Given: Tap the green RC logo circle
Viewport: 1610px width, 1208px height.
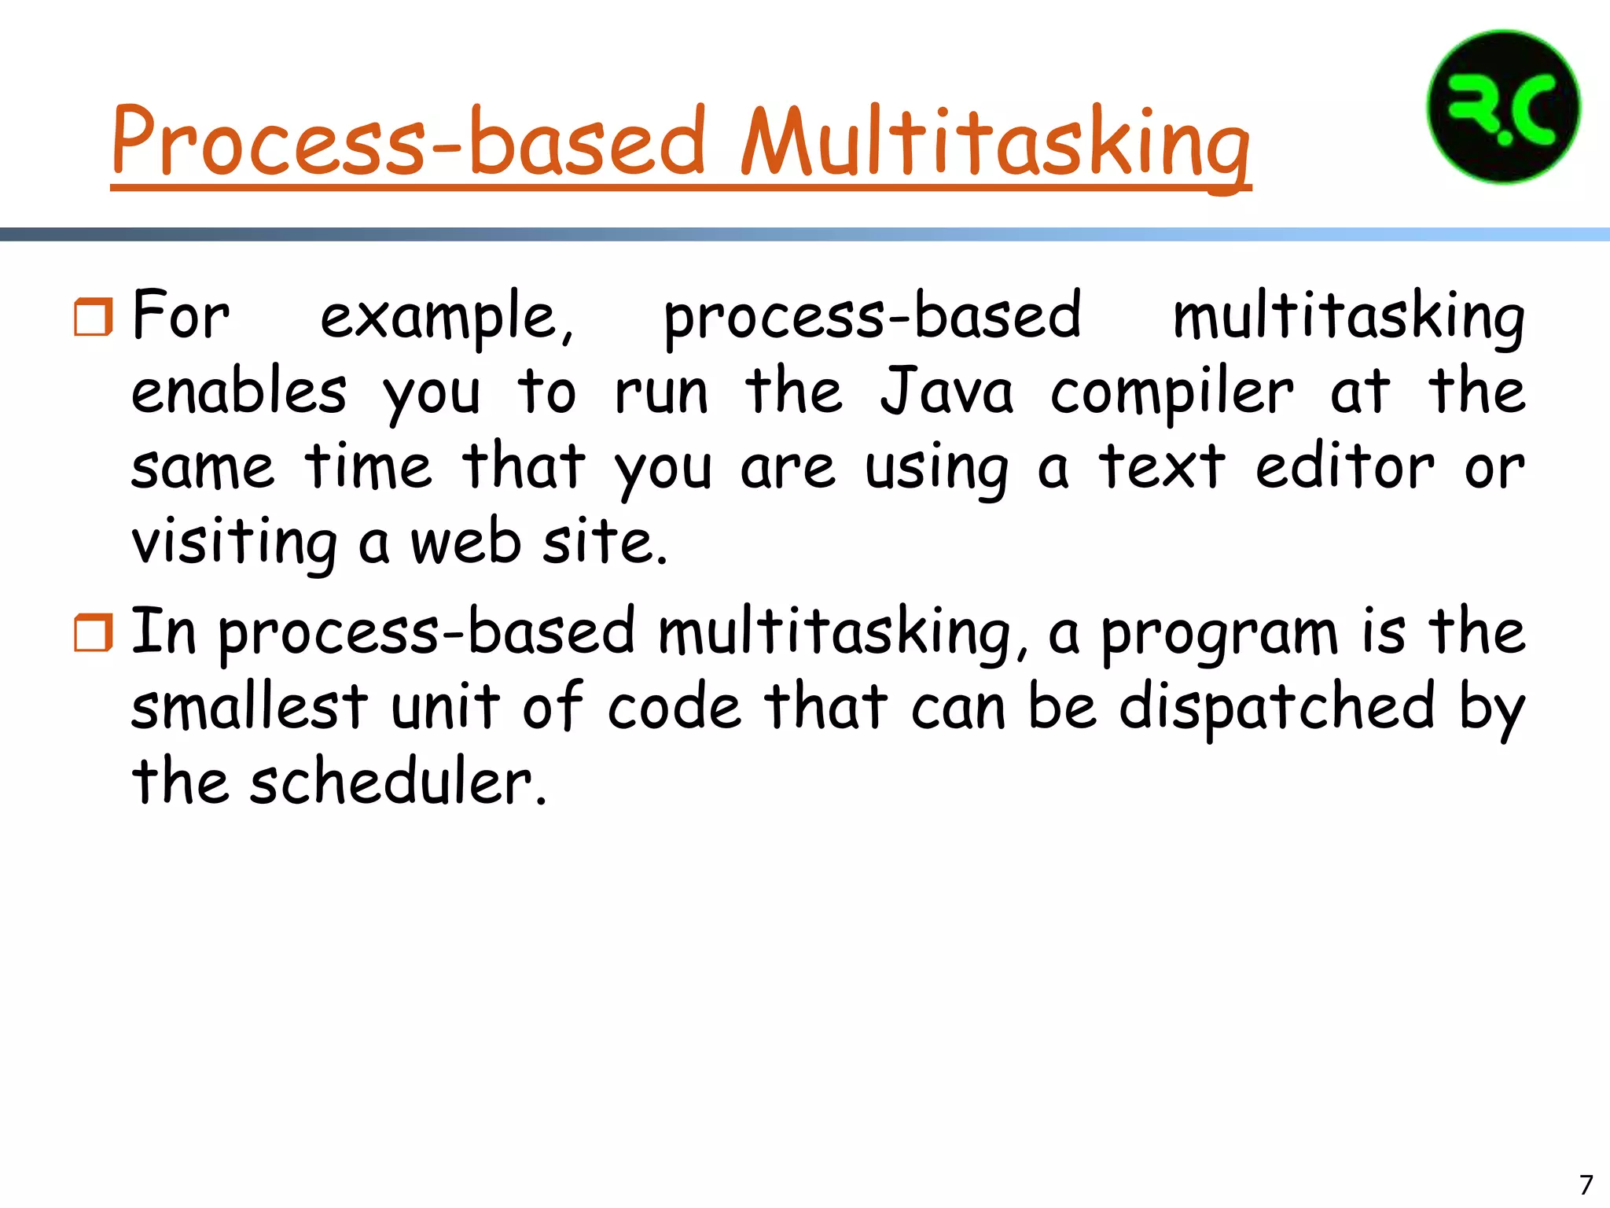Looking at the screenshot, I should coord(1503,107).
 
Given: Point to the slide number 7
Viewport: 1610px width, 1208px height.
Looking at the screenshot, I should coord(1586,1184).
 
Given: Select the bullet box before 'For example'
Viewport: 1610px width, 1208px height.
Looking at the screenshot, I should coord(94,317).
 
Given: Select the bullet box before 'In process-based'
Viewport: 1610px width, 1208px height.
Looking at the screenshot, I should coord(94,633).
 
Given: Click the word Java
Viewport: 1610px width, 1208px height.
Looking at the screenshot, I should coord(947,392).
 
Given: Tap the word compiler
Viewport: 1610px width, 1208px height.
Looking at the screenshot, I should coord(1171,393).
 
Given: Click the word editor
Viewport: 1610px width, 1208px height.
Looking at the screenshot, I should coord(1344,467).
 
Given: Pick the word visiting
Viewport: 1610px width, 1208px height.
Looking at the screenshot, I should coord(234,544).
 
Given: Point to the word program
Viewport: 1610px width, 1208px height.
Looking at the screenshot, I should coord(1219,634).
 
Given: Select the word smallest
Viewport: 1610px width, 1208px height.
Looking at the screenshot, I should coord(249,706).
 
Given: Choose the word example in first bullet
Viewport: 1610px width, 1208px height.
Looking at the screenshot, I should coord(447,317).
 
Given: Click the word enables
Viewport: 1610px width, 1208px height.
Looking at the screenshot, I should coord(238,392).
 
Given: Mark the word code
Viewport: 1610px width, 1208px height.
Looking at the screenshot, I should coord(674,706).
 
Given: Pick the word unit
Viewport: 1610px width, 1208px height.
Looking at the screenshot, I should coord(445,706).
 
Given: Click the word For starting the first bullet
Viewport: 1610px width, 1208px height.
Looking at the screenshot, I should coord(181,315).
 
